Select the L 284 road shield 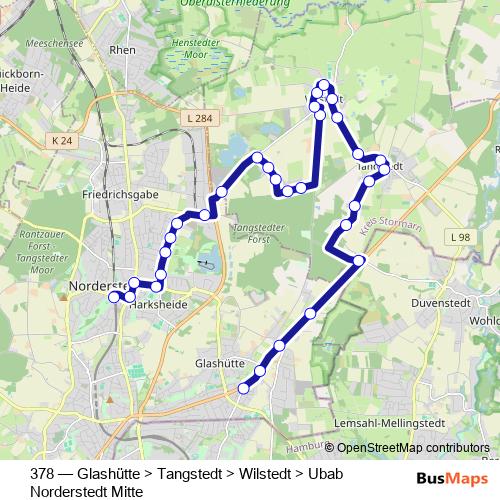coord(198,118)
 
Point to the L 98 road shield coord(459,236)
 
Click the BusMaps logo coord(452,476)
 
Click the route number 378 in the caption coord(43,474)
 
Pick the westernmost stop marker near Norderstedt coord(114,296)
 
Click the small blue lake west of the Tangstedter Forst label coord(205,265)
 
